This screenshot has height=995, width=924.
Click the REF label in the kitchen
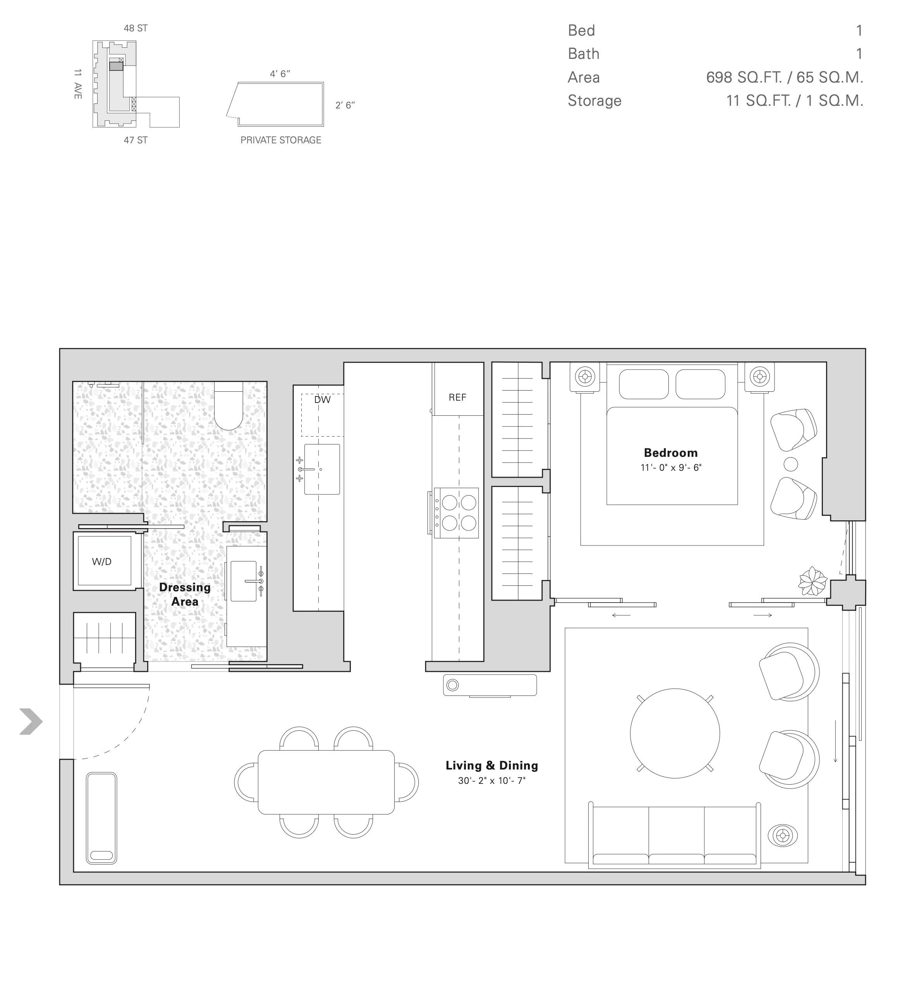(457, 397)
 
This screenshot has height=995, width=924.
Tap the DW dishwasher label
(322, 400)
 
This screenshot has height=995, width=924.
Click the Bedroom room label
(670, 453)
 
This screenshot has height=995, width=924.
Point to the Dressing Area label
(184, 594)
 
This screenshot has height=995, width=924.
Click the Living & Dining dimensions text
(491, 780)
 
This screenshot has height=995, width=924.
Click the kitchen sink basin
(322, 469)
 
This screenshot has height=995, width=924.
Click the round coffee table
(675, 733)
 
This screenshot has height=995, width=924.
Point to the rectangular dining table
(326, 782)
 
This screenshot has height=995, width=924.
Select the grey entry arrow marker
(31, 721)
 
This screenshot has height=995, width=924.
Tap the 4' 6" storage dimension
(280, 74)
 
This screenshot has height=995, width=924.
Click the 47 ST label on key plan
(136, 140)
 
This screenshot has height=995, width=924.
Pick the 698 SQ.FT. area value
(744, 77)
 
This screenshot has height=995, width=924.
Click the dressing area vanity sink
(244, 581)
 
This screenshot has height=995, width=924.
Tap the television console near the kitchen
(489, 685)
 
